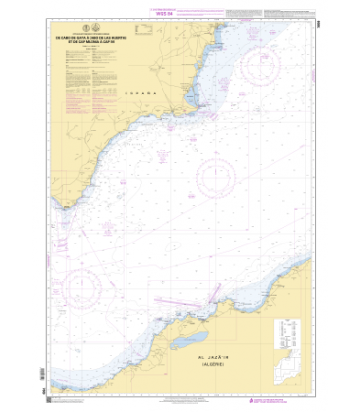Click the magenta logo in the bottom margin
(x=254, y=401)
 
